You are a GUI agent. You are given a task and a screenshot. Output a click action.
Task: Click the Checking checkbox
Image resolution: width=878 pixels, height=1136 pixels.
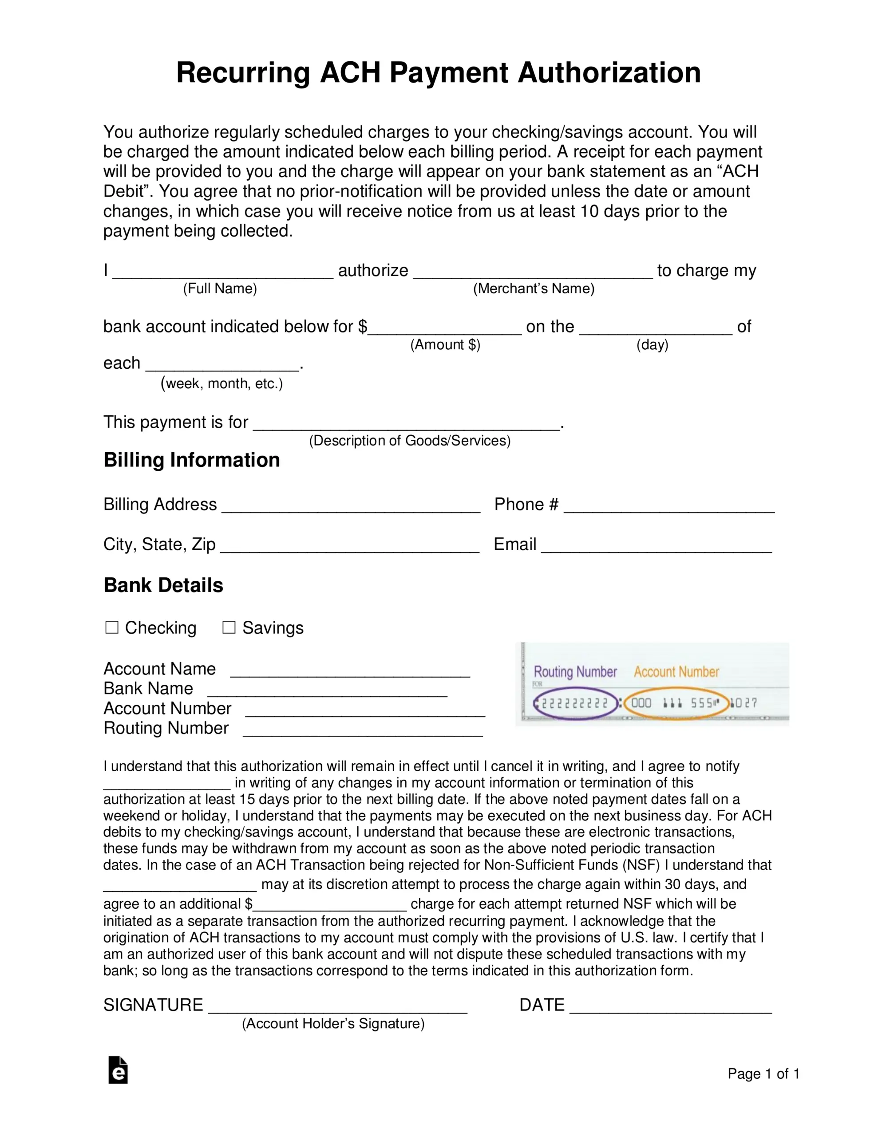pos(112,627)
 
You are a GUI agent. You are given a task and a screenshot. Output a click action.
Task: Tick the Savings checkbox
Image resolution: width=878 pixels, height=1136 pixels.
pos(229,627)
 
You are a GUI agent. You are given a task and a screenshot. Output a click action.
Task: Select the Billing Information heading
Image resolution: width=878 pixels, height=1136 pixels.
pos(191,460)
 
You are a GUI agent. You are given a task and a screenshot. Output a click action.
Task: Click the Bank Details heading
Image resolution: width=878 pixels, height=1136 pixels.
pos(163,585)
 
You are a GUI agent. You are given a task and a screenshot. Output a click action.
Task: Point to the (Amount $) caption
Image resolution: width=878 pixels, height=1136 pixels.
pos(445,345)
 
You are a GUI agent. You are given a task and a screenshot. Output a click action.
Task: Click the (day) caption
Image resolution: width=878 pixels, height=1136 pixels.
pos(652,345)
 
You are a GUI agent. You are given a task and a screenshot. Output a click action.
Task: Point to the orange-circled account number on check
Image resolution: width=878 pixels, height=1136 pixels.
pos(676,704)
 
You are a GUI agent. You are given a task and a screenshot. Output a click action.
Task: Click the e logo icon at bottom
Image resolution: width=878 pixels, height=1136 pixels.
pos(118,1070)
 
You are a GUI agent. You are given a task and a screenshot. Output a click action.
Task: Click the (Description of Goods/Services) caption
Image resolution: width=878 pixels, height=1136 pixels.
pos(410,441)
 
